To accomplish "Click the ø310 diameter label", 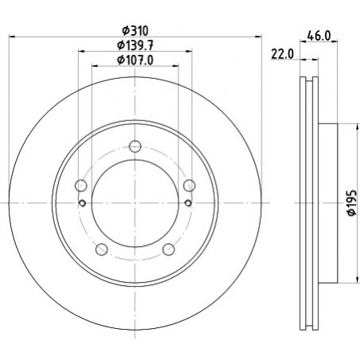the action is pos(135,31).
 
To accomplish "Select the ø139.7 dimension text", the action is pos(135,45).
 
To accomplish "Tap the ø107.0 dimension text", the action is pos(135,60).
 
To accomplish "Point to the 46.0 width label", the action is pos(319,36).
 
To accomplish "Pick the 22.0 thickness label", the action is pos(283,54).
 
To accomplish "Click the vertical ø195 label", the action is pos(352,202).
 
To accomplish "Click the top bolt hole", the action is pos(135,147).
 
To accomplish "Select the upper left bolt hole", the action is pos(81,186).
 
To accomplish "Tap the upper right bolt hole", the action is pos(190,186).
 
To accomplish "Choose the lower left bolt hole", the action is pos(101,249).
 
